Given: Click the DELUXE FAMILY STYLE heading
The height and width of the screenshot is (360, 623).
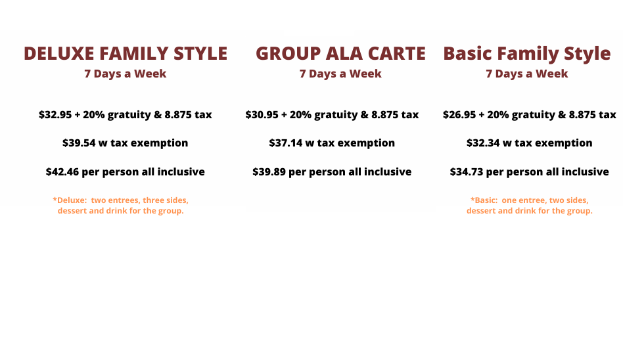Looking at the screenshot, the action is click(x=126, y=53).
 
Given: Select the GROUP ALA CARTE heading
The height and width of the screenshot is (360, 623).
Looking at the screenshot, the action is click(x=340, y=53).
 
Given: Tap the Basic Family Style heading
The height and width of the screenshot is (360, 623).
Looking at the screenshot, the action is click(x=527, y=53).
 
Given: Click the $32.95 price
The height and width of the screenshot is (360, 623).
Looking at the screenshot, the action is click(x=55, y=114).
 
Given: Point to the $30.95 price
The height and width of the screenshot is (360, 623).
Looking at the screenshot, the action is click(x=262, y=114).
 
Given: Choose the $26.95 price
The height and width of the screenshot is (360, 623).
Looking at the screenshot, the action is click(x=459, y=114).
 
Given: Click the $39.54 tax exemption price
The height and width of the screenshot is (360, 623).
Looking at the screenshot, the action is click(x=79, y=143).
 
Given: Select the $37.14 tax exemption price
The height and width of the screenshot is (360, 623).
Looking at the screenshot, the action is click(x=286, y=143).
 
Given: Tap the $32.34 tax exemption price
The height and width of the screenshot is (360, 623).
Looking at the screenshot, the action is click(x=483, y=143).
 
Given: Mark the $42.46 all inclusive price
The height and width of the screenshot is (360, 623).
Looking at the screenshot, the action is click(x=62, y=171).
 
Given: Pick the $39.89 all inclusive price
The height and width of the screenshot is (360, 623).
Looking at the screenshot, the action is click(x=269, y=171).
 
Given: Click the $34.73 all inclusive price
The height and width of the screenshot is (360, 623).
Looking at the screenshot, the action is click(x=467, y=171).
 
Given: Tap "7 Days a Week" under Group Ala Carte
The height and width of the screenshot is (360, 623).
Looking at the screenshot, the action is click(x=340, y=74).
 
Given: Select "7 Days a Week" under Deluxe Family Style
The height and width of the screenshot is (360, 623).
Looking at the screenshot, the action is click(x=125, y=74).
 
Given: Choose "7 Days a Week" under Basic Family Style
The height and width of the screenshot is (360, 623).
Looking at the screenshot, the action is click(x=527, y=74).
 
